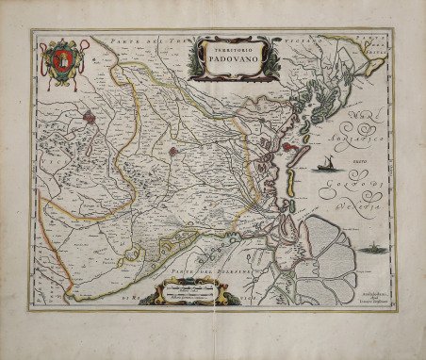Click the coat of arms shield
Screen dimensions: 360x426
click(59, 63)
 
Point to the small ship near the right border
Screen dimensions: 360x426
click(371, 249)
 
